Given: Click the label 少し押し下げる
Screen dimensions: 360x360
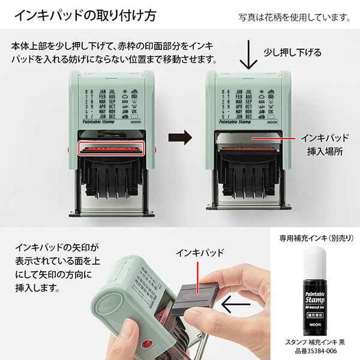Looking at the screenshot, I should [293, 53].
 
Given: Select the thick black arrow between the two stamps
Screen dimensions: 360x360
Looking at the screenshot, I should [179, 137].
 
